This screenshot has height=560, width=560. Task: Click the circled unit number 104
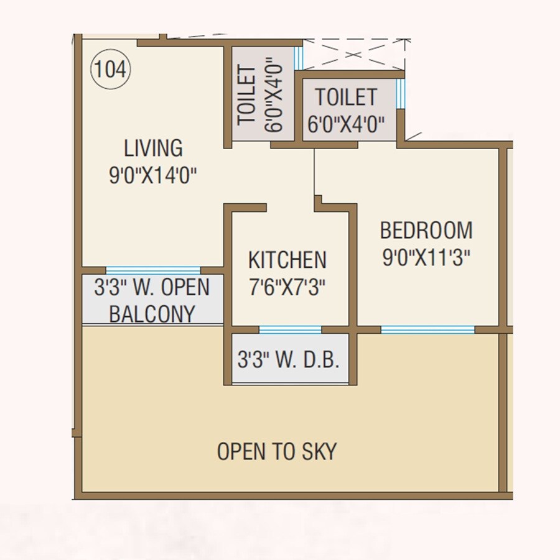(x=111, y=70)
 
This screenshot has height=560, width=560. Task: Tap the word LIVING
(x=153, y=149)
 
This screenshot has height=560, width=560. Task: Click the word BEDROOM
(x=426, y=230)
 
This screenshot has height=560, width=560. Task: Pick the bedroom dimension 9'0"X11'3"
(x=426, y=257)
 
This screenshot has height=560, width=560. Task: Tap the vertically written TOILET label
(x=247, y=96)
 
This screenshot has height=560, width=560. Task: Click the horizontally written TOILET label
(x=346, y=98)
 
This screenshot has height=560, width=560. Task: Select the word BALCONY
(x=152, y=314)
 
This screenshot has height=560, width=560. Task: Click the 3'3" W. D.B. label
(x=289, y=359)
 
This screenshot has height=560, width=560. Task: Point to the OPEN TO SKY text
(x=277, y=451)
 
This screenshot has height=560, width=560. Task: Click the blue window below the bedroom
(x=427, y=329)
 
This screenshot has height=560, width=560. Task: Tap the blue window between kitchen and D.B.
(x=290, y=329)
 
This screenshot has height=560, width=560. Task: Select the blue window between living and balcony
(x=153, y=270)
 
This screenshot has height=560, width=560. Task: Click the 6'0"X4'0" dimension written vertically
(x=274, y=99)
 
